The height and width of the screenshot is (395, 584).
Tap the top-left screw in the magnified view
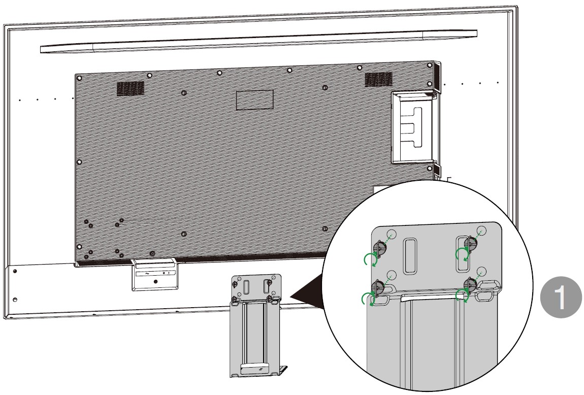[x=380, y=248]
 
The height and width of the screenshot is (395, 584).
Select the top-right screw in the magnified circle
[x=470, y=244]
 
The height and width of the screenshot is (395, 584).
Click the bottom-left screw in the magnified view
[x=378, y=287]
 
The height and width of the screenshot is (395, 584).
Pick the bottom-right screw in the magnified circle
[x=470, y=285]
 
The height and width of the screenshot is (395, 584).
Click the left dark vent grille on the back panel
[x=131, y=88]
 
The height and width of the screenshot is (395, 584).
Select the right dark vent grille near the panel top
[x=378, y=79]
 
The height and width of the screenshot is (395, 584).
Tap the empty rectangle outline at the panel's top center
[x=255, y=100]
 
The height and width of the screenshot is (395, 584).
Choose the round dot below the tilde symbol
[x=155, y=282]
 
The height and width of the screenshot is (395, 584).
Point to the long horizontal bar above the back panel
[x=258, y=41]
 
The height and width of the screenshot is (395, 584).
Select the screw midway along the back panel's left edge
[x=79, y=162]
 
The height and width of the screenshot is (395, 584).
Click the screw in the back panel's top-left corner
[x=79, y=78]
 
